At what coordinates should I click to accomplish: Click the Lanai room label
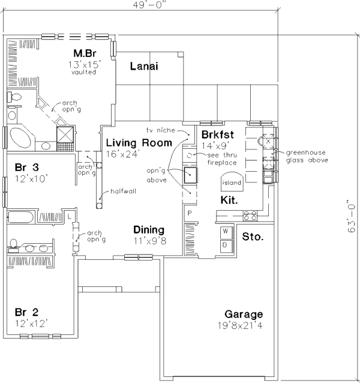(x=144, y=66)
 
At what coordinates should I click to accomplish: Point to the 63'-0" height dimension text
(x=351, y=216)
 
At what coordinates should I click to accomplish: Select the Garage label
(x=244, y=314)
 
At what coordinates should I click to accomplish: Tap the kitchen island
(x=232, y=182)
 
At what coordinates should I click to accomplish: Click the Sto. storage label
(x=253, y=237)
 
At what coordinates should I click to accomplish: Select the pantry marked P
(x=190, y=213)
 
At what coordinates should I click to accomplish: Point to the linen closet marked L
(x=70, y=216)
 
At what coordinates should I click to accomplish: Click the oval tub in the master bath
(x=20, y=137)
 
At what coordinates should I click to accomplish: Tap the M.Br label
(x=85, y=53)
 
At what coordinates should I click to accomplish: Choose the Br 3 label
(x=26, y=167)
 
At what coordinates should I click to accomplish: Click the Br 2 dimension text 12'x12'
(x=31, y=324)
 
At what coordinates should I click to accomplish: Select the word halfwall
(x=123, y=191)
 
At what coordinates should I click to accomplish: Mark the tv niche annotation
(x=161, y=130)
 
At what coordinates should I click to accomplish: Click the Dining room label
(x=149, y=230)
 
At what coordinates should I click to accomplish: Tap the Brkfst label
(x=217, y=134)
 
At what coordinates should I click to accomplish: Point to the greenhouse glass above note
(x=307, y=156)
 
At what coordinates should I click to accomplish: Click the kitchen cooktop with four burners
(x=250, y=216)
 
